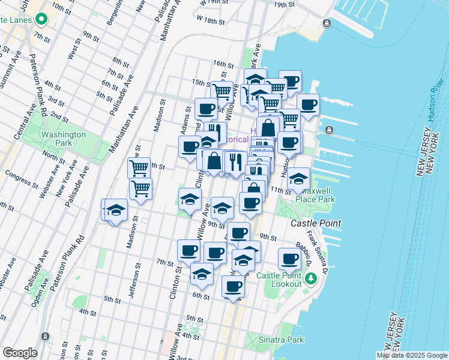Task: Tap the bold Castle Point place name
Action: [316, 223]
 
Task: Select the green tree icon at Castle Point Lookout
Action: [311, 278]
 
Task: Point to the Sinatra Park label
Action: [281, 340]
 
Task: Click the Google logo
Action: [19, 353]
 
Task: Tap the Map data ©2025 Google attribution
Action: [411, 355]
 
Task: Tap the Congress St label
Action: [17, 175]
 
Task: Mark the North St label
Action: [54, 158]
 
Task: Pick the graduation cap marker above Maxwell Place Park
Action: [298, 178]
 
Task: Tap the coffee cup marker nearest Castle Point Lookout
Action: [289, 259]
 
